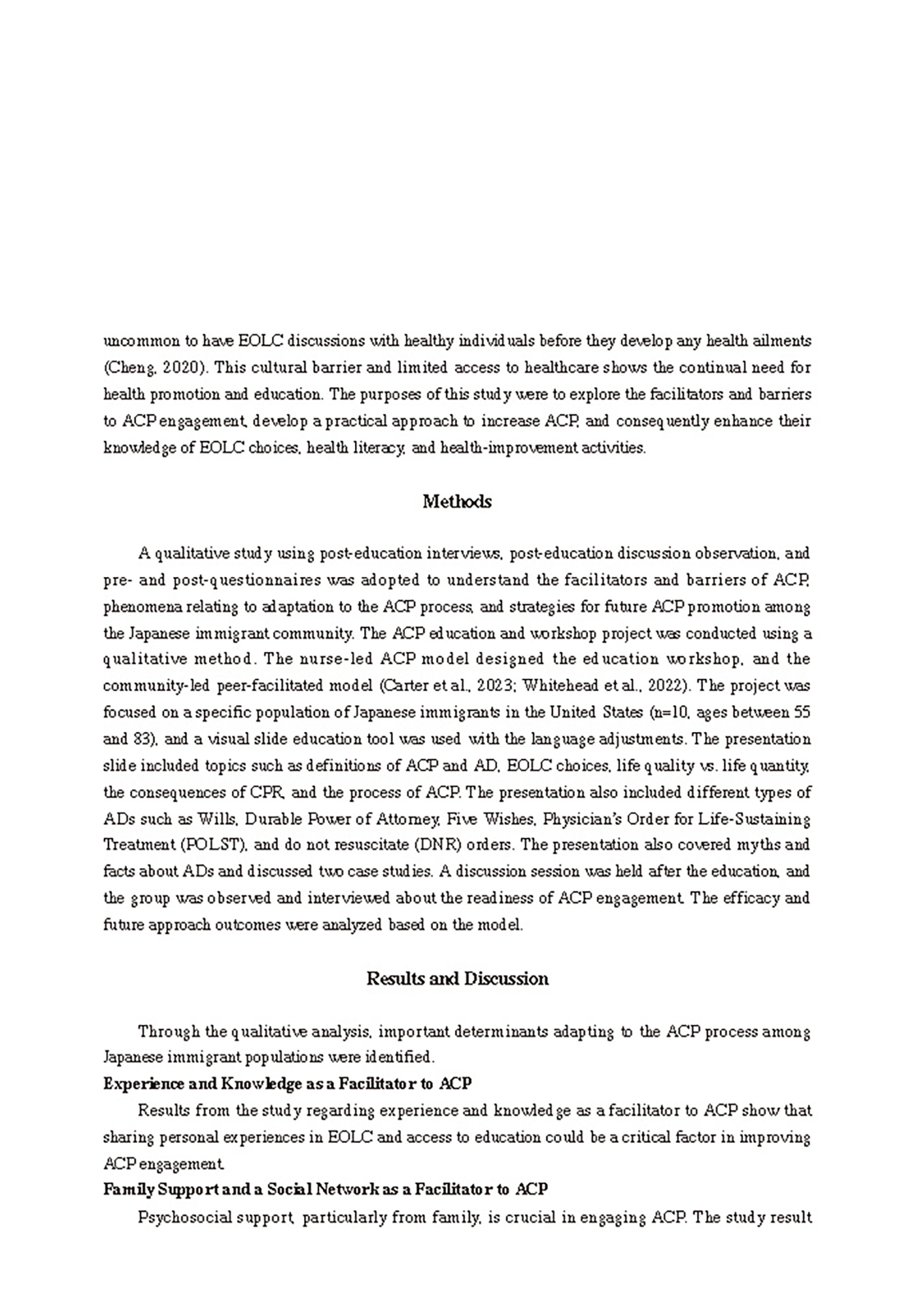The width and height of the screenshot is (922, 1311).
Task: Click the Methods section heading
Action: click(457, 502)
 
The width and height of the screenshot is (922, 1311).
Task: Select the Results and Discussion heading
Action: click(457, 978)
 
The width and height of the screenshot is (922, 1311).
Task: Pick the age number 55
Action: click(802, 711)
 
